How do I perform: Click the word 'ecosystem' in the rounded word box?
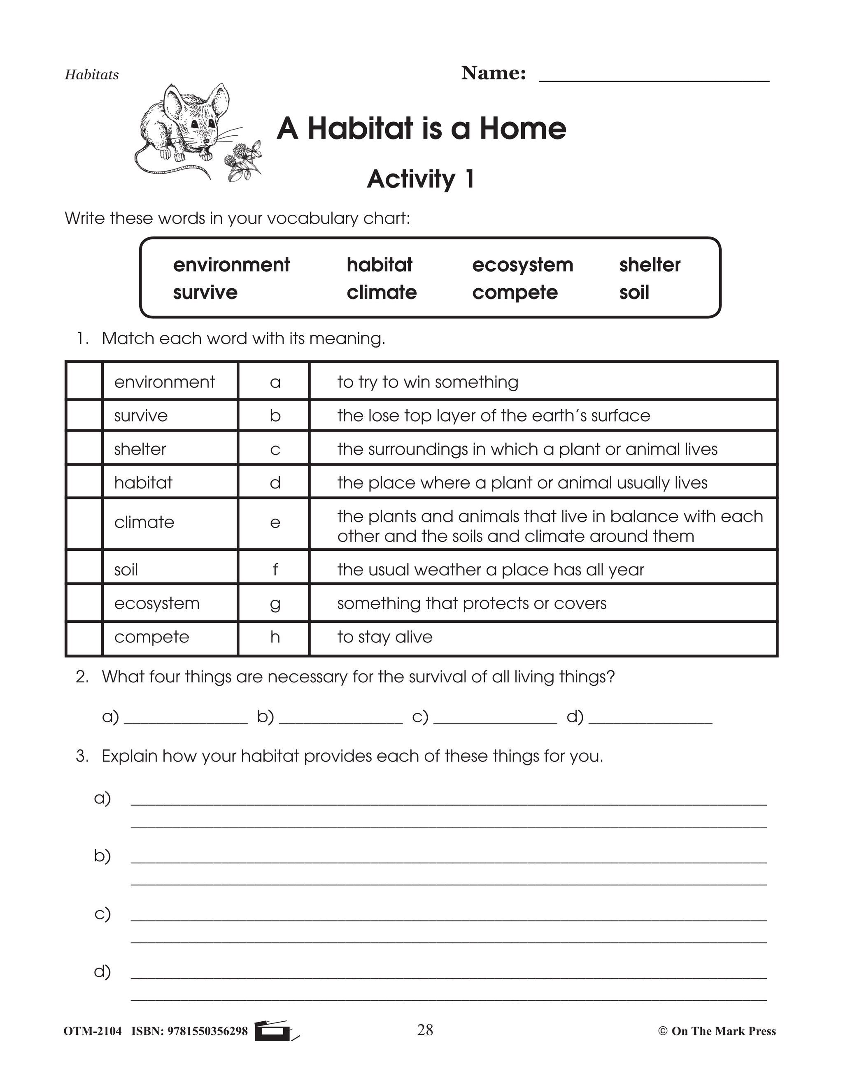[x=522, y=264]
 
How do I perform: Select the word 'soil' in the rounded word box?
[x=634, y=292]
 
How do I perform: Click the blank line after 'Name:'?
[x=654, y=75]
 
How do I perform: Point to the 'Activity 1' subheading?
[x=421, y=179]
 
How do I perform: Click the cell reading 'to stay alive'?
[x=384, y=637]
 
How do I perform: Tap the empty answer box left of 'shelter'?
[x=84, y=449]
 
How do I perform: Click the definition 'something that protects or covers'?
[x=471, y=603]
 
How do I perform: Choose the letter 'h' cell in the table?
[x=274, y=637]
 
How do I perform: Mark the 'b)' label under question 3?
[x=102, y=856]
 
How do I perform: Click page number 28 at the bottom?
[x=425, y=1030]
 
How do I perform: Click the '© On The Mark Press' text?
[x=717, y=1031]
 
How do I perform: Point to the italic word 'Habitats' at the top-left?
[x=92, y=75]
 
